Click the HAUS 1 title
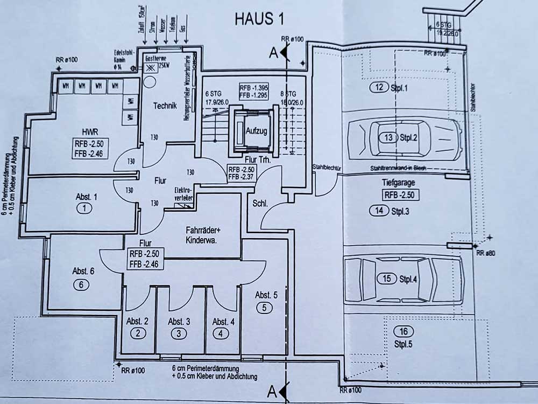(x=259, y=18)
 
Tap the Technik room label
(x=164, y=106)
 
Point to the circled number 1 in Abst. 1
(x=81, y=208)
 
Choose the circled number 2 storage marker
(x=138, y=333)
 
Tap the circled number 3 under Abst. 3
(x=179, y=333)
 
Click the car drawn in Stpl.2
(x=403, y=138)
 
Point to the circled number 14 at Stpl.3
(x=380, y=211)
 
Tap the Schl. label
(x=260, y=203)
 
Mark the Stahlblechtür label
(x=327, y=168)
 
